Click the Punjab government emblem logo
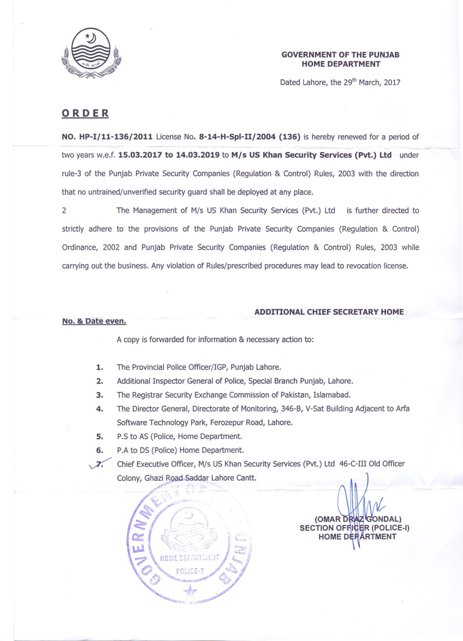point(91,53)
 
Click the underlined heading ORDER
point(85,114)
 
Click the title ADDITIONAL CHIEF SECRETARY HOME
point(329,312)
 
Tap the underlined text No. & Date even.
point(94,321)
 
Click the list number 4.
point(99,409)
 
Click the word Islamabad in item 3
point(331,395)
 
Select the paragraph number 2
point(64,211)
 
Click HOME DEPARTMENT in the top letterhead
point(341,64)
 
